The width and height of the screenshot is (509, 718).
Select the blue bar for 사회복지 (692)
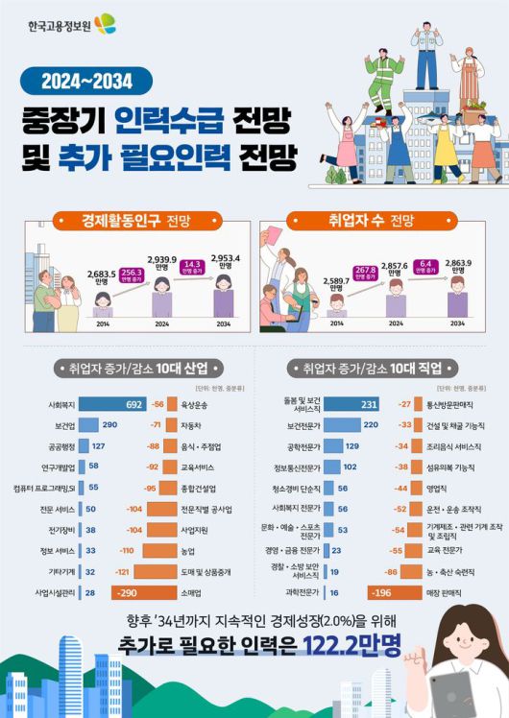point(113,404)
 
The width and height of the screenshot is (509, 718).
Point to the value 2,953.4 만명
point(224,262)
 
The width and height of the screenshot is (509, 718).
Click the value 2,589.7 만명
point(336,282)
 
